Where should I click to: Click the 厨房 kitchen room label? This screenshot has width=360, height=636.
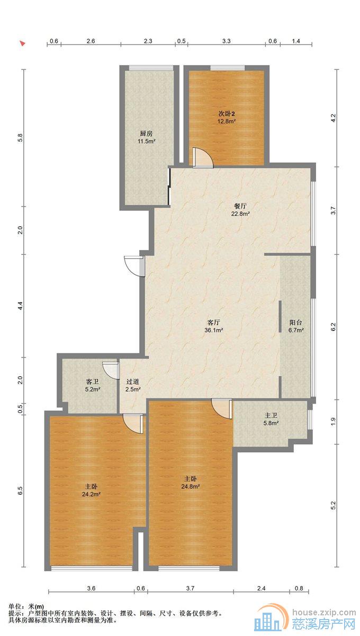tap(146, 133)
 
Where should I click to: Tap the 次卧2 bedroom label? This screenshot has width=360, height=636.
tap(227, 114)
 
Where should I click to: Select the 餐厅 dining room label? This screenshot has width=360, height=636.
tap(240, 206)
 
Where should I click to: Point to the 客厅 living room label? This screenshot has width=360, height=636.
tap(214, 323)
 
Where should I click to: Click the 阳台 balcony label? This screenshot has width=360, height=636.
tap(296, 323)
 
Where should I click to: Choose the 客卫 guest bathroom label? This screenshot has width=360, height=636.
tap(93, 382)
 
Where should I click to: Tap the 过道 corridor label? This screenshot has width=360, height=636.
tap(133, 382)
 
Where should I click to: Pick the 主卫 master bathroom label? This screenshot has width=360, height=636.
tap(271, 416)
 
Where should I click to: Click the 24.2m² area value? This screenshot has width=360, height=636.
tap(91, 494)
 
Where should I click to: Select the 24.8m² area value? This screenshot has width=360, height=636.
tap(191, 487)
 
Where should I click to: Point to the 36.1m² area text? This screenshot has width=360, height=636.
tap(214, 330)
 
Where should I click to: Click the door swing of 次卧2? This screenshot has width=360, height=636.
tap(202, 158)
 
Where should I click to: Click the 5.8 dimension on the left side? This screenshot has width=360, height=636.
tap(20, 138)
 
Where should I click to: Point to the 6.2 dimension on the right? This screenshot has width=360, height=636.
tap(334, 327)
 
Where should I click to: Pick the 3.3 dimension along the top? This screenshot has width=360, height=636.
tap(226, 41)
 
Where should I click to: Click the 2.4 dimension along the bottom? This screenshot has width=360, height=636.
tap(261, 588)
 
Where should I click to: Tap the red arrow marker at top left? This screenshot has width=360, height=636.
tap(22, 43)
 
